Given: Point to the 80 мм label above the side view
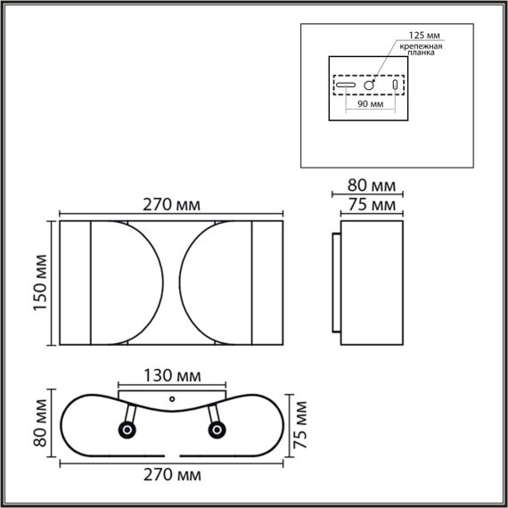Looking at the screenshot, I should click(x=369, y=186).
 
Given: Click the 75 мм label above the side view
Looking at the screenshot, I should click(x=369, y=206).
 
